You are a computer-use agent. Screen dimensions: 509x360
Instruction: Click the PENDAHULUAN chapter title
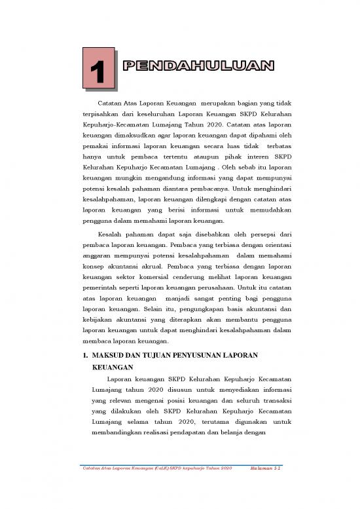[x=198, y=65]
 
